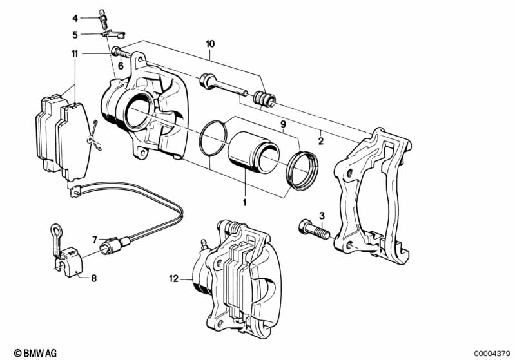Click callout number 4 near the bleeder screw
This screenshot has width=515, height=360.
pyautogui.click(x=75, y=19)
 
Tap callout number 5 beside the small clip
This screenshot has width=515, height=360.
pyautogui.click(x=75, y=35)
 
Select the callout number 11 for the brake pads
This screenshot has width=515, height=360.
pyautogui.click(x=75, y=53)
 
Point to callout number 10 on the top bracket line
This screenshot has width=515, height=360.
pyautogui.click(x=210, y=44)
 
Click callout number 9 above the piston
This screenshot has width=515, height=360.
pyautogui.click(x=283, y=124)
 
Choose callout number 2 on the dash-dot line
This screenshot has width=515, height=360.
pyautogui.click(x=321, y=141)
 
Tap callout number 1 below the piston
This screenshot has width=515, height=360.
pyautogui.click(x=244, y=202)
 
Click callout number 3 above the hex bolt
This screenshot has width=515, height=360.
pyautogui.click(x=322, y=216)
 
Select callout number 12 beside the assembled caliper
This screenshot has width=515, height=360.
pyautogui.click(x=174, y=279)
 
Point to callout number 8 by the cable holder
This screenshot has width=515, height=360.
pyautogui.click(x=94, y=279)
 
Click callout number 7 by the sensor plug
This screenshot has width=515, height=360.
pyautogui.click(x=95, y=240)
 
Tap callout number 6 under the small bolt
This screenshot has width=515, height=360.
pyautogui.click(x=121, y=66)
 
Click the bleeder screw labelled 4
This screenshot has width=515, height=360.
pyautogui.click(x=102, y=19)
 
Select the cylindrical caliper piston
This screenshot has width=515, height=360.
pyautogui.click(x=253, y=152)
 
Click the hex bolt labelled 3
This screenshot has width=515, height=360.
pyautogui.click(x=314, y=230)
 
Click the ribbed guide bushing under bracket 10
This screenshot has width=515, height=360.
pyautogui.click(x=265, y=98)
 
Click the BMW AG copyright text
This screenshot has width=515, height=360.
pyautogui.click(x=35, y=353)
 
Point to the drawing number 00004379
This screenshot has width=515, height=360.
pyautogui.click(x=492, y=354)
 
